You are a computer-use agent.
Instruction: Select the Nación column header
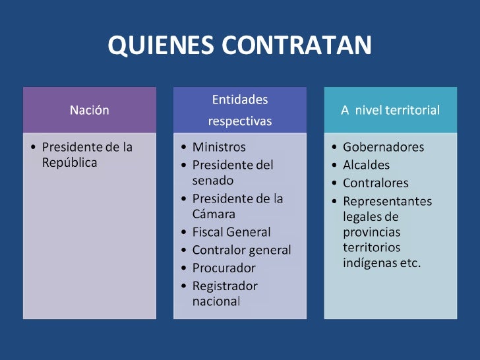(89, 110)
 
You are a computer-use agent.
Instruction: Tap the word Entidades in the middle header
(240, 100)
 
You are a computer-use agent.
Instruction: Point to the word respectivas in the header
(240, 121)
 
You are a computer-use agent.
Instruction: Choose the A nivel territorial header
(390, 110)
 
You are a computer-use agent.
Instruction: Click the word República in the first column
(69, 163)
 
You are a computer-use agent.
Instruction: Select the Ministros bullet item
(218, 147)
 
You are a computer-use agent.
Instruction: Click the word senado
(212, 180)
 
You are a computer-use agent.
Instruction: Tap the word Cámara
(214, 214)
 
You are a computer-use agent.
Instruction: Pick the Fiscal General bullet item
(231, 232)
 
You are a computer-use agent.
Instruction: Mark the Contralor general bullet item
(241, 250)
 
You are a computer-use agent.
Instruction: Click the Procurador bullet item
(224, 268)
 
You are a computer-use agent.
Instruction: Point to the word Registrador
(225, 286)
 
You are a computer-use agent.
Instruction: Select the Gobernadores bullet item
(383, 147)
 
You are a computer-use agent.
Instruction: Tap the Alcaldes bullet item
(366, 165)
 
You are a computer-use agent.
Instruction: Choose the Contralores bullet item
(375, 183)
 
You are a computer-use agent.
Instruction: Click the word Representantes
(387, 201)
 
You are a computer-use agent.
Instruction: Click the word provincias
(371, 232)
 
